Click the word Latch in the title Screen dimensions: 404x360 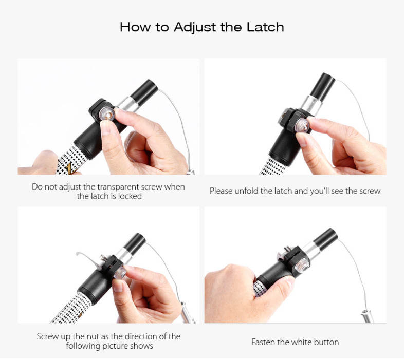click(x=265, y=27)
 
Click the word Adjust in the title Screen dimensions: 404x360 click(x=195, y=28)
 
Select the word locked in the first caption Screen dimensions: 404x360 click(x=130, y=196)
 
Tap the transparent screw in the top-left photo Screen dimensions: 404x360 click(x=107, y=115)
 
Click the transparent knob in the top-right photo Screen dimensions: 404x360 click(x=302, y=126)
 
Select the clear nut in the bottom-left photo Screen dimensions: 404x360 click(x=120, y=273)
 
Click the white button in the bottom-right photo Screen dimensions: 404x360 click(x=302, y=265)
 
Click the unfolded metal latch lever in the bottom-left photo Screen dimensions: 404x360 click(x=87, y=259)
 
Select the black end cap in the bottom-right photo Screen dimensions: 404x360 click(x=325, y=239)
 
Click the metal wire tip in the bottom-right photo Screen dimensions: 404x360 click(x=368, y=316)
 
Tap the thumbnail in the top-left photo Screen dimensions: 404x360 click(x=105, y=128)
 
